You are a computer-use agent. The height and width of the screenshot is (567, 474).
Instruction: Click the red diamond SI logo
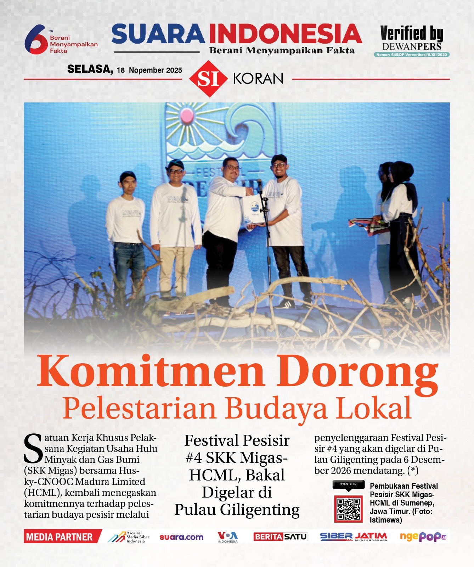208,79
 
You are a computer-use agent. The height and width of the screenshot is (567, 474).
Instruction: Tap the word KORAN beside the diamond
258,79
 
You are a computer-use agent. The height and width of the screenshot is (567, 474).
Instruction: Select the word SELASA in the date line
90,69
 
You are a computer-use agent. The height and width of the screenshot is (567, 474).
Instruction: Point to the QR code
349,509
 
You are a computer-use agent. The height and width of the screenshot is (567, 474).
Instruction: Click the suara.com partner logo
181,537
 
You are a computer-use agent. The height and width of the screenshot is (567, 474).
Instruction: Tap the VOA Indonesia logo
228,537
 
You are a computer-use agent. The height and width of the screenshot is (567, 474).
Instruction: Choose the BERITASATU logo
280,537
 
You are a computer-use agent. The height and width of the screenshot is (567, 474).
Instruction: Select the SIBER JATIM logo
354,537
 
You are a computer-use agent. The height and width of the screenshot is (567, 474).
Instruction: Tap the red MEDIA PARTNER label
60,537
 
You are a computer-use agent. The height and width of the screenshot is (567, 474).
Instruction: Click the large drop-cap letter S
33,448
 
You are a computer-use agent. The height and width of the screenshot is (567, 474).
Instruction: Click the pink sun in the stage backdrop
187,115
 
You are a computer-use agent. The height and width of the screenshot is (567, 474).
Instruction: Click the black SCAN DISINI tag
349,484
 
